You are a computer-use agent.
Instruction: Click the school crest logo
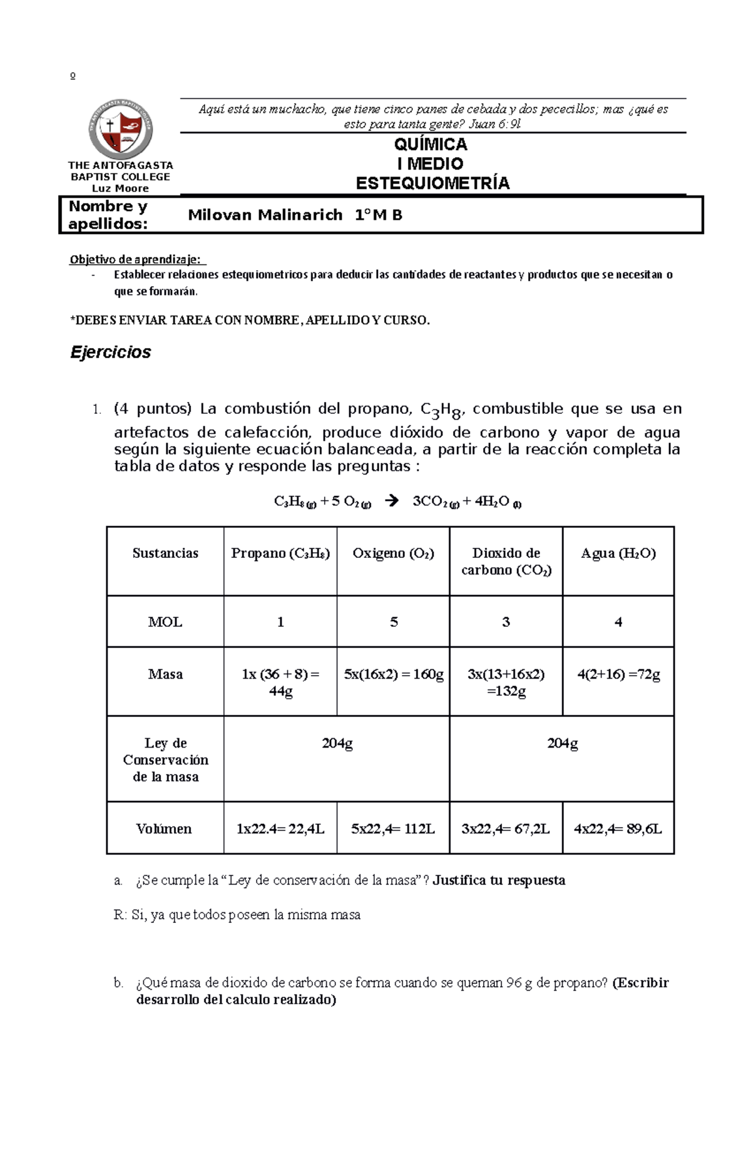pyautogui.click(x=120, y=129)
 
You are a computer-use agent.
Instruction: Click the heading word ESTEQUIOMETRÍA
pyautogui.click(x=432, y=183)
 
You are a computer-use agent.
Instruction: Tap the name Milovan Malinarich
pyautogui.click(x=265, y=215)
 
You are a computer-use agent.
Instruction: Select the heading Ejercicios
pyautogui.click(x=111, y=353)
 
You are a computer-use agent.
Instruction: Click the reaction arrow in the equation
pyautogui.click(x=392, y=501)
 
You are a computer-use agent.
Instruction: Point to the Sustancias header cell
pyautogui.click(x=165, y=554)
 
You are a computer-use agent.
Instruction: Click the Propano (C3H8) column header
pyautogui.click(x=280, y=554)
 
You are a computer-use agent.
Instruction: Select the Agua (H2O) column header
pyautogui.click(x=618, y=554)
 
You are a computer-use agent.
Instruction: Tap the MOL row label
pyautogui.click(x=165, y=622)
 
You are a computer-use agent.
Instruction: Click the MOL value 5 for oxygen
pyautogui.click(x=394, y=622)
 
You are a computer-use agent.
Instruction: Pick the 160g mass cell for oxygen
pyautogui.click(x=394, y=675)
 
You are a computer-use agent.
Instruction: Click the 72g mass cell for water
pyautogui.click(x=618, y=675)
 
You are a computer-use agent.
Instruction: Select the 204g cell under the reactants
pyautogui.click(x=337, y=744)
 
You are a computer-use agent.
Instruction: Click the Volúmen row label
pyautogui.click(x=164, y=829)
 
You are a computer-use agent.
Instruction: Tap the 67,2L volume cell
pyautogui.click(x=506, y=829)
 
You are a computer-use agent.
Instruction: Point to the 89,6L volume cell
pyautogui.click(x=618, y=829)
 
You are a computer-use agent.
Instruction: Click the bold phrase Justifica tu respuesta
pyautogui.click(x=499, y=880)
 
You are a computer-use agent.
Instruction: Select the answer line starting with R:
pyautogui.click(x=238, y=915)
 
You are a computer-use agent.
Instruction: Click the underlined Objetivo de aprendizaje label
pyautogui.click(x=136, y=260)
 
